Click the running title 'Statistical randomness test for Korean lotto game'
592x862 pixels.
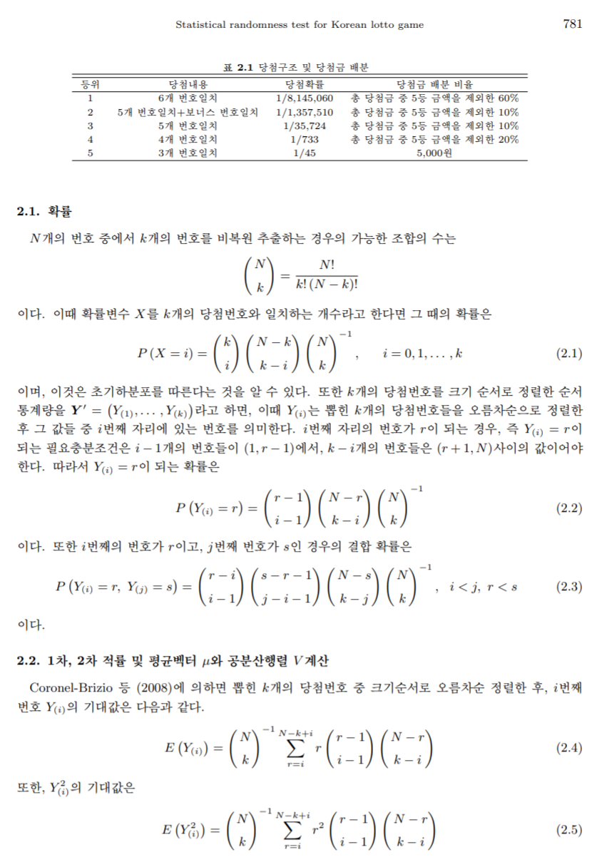coord(300,25)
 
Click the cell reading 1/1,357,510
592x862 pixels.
coord(305,112)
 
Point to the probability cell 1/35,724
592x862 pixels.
coord(305,125)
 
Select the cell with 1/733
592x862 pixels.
coord(305,139)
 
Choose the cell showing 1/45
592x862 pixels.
coord(305,153)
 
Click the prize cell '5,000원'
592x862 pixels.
coord(435,153)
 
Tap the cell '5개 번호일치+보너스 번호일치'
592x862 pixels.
coord(188,112)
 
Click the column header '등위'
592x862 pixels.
coord(91,85)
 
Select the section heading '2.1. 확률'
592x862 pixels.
coord(44,212)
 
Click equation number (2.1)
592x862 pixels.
coord(568,353)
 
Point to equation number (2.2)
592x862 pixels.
coord(568,508)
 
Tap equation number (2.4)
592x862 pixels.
coord(568,748)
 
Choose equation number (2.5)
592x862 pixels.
coord(568,829)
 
